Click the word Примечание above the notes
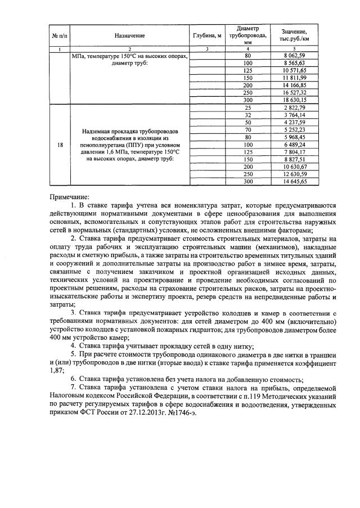pos(69,197)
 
